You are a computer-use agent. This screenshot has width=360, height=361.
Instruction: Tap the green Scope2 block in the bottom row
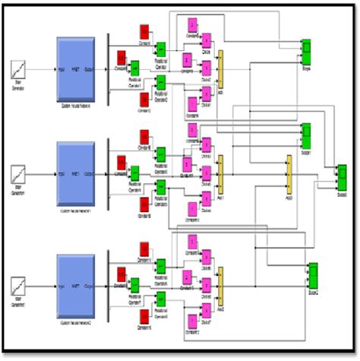coord(313,275)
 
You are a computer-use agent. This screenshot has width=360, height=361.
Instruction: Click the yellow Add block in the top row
coord(221,68)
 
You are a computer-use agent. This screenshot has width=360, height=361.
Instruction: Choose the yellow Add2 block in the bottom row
coord(221,285)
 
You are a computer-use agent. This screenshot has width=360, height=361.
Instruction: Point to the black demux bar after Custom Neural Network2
coord(109,285)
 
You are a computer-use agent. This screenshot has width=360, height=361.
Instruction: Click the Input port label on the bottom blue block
coord(62,286)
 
